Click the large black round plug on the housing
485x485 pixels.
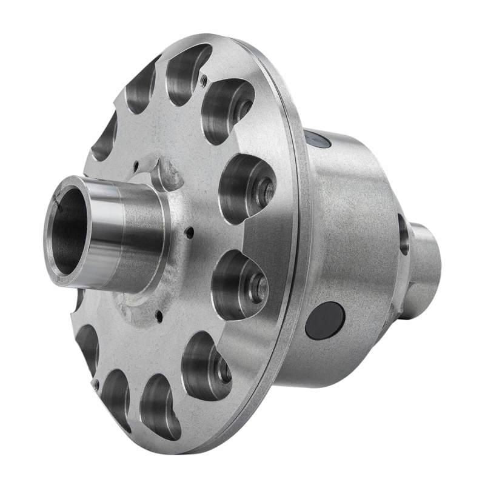325,320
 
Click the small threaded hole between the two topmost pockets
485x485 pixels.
204,79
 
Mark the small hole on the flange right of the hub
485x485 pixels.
190,231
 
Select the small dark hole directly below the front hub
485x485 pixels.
159,315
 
